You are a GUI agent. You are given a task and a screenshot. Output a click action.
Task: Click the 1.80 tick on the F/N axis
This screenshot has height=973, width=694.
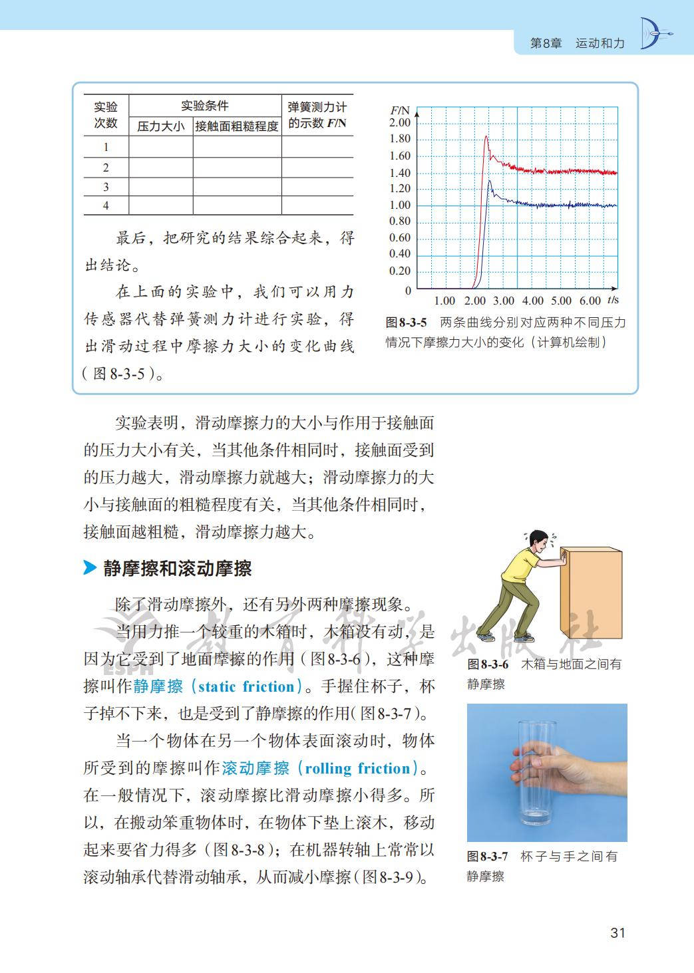400,139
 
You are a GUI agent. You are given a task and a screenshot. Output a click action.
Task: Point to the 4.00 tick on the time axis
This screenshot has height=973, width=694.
532,301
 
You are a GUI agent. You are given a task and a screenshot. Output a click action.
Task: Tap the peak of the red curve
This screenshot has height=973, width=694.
486,137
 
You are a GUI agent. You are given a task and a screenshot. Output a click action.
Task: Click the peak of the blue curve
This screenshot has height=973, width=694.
490,180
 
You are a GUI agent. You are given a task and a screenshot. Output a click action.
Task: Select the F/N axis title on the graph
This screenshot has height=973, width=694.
400,110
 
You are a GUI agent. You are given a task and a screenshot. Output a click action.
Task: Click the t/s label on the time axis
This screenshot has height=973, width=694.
613,300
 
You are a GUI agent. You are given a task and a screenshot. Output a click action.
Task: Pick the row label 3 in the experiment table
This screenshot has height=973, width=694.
106,188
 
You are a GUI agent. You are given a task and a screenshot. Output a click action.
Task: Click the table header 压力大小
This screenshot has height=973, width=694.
161,126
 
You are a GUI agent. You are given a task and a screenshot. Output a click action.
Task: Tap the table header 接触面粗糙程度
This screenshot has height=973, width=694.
237,126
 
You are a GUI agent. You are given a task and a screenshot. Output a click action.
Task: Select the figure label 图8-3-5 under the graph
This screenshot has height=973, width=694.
406,323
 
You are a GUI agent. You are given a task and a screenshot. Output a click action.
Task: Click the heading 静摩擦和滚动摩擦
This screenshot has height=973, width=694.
178,569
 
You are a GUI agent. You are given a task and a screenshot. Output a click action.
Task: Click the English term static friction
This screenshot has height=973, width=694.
246,686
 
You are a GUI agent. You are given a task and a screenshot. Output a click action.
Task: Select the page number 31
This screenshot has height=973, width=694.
617,932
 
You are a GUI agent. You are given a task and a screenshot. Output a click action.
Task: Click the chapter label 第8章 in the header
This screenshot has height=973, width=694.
546,43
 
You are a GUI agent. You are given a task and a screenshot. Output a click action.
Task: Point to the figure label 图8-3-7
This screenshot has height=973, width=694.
487,857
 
